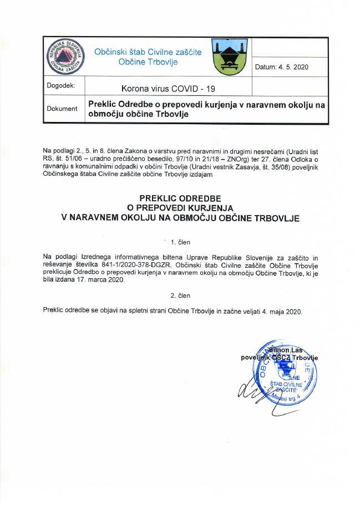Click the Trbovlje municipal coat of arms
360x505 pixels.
(x=226, y=56)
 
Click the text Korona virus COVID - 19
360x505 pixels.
(x=168, y=88)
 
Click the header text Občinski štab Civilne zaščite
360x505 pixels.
(x=148, y=52)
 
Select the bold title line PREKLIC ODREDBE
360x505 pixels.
(x=180, y=197)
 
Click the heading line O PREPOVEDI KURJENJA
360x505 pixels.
(x=180, y=208)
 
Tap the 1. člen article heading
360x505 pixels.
(x=181, y=242)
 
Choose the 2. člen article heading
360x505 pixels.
(x=181, y=295)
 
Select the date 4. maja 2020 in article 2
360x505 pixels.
(x=276, y=311)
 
